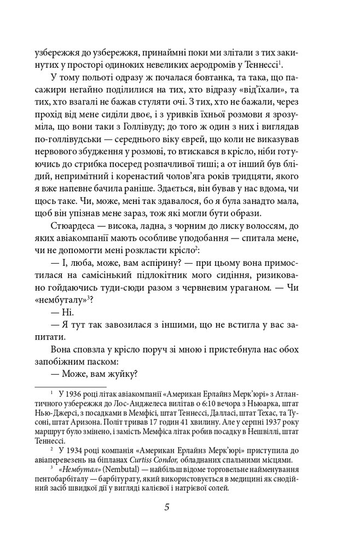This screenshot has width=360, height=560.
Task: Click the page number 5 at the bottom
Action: [169, 506]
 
